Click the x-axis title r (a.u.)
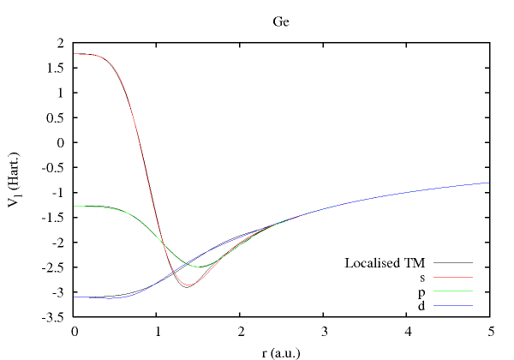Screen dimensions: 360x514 (282, 351)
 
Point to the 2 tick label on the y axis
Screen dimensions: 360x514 (61, 42)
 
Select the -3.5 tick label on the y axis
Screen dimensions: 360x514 (55, 317)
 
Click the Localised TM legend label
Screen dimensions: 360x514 (385, 262)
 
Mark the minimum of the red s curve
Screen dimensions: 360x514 (186, 286)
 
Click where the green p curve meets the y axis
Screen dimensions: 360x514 (75, 206)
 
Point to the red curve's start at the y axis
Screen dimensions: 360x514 (75, 53)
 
